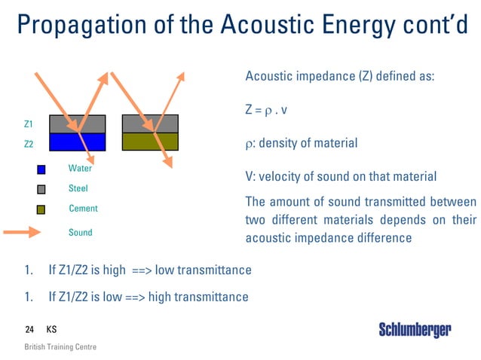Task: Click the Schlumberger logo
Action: tap(415, 330)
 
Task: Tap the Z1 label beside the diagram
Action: tap(28, 124)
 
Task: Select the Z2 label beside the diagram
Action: tap(28, 143)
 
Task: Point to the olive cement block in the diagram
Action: tap(150, 142)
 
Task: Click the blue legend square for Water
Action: tap(41, 169)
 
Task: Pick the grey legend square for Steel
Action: tap(41, 189)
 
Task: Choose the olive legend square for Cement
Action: tap(41, 209)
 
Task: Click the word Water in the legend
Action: tap(80, 169)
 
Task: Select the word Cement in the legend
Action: tap(83, 208)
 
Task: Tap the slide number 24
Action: tap(29, 330)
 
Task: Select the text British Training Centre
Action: tap(60, 347)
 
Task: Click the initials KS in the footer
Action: tap(51, 330)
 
